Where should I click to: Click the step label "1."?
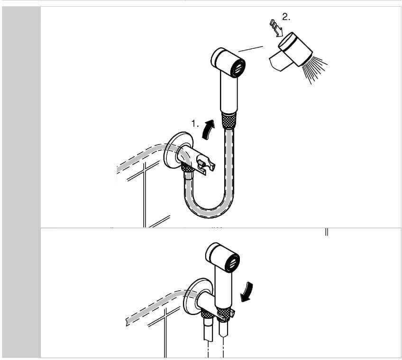tap(195, 124)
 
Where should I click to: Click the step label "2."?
tap(286, 17)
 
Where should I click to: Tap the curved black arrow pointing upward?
tap(208, 129)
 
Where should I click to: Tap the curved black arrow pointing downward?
tap(247, 292)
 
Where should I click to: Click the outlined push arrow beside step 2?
tap(276, 28)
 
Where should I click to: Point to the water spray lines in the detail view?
tap(314, 70)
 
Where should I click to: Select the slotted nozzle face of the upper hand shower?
tap(238, 68)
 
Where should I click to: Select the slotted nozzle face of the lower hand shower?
tap(233, 263)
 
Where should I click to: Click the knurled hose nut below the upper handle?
tap(229, 120)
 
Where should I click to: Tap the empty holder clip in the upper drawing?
tap(205, 164)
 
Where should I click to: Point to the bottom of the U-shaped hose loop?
tap(210, 213)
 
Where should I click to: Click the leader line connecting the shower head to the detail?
tap(251, 49)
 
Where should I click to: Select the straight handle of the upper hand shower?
tap(229, 92)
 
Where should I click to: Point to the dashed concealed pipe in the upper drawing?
tap(144, 157)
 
